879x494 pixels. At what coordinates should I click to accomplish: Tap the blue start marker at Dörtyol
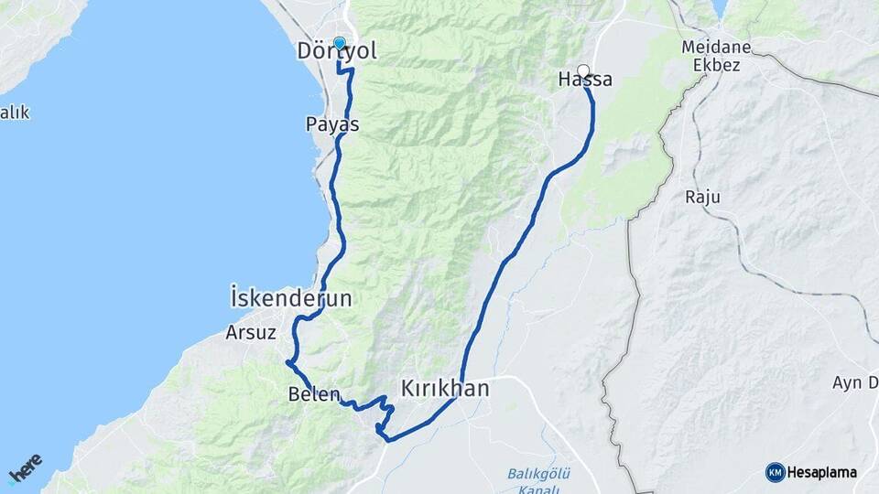tap(340, 42)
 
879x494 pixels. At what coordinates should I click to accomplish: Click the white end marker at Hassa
tap(583, 70)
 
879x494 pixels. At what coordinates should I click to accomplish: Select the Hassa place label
tap(584, 81)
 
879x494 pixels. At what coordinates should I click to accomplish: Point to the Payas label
tap(331, 123)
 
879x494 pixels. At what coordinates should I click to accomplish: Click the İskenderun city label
tap(291, 298)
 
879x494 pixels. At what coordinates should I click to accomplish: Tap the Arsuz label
tap(251, 333)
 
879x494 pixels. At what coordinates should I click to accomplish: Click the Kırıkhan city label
tap(445, 388)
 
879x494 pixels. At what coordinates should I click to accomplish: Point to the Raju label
tap(702, 197)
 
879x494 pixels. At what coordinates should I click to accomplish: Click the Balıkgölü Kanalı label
tap(539, 479)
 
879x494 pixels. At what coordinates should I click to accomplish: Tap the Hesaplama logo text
tap(822, 472)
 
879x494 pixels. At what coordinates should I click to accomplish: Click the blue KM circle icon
tap(776, 472)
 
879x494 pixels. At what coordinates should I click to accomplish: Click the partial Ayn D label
tap(856, 381)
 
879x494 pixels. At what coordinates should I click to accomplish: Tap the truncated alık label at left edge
tap(14, 113)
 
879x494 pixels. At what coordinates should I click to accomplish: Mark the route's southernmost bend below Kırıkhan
tap(389, 440)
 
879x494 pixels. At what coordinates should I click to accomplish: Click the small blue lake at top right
tap(720, 8)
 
